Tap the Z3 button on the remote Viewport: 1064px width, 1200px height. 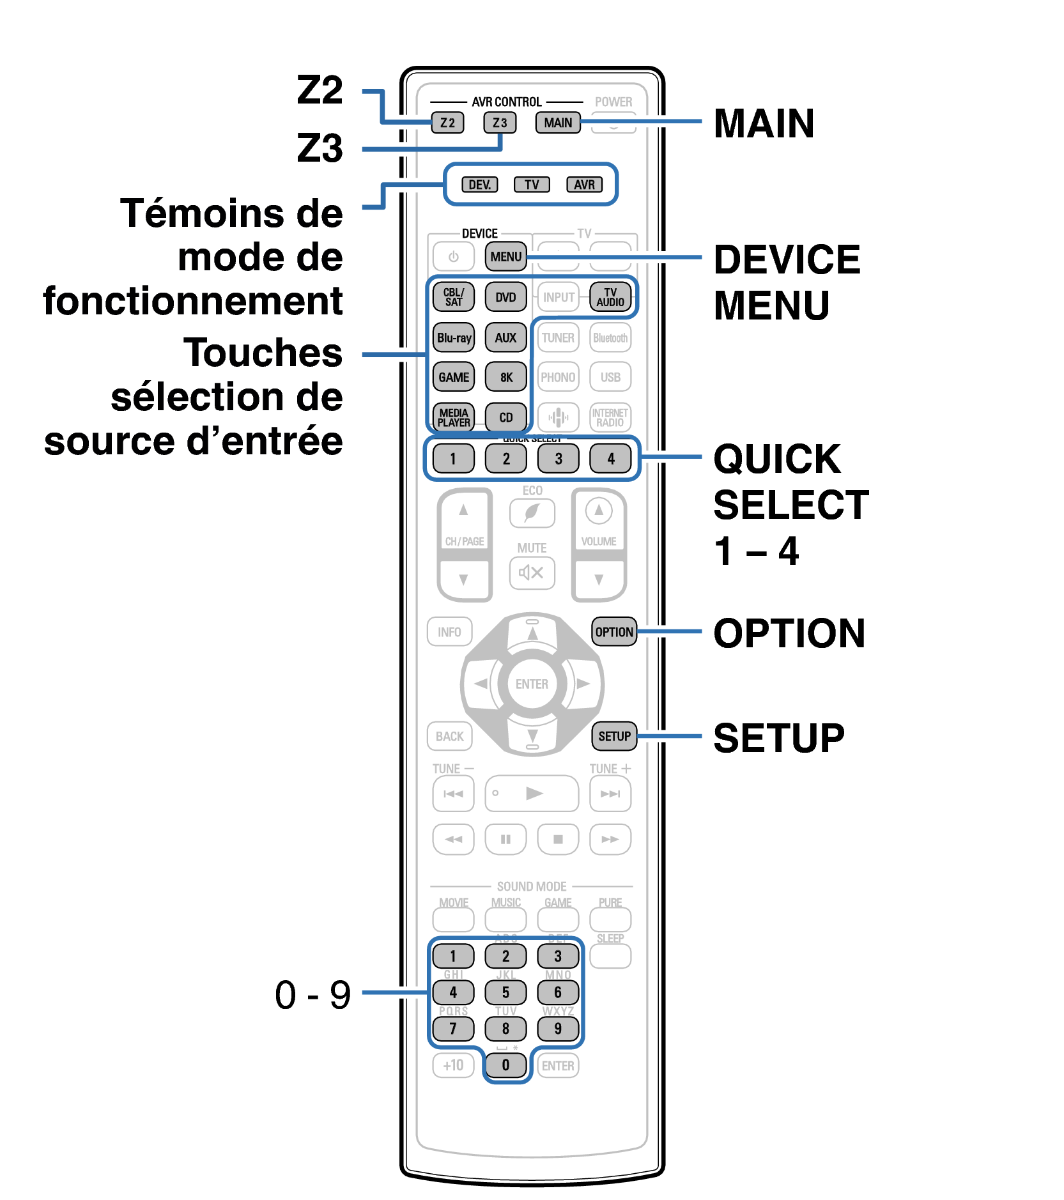click(499, 123)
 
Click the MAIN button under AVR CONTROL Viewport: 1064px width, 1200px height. click(558, 123)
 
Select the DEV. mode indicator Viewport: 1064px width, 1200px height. click(479, 185)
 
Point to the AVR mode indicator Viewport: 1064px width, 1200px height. click(584, 185)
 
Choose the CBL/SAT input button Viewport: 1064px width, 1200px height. click(454, 297)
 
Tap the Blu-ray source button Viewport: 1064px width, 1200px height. click(454, 337)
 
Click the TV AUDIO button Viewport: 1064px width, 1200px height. click(610, 297)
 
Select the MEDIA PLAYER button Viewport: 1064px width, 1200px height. click(454, 417)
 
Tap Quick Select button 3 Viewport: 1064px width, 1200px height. click(558, 458)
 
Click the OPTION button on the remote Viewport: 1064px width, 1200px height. click(614, 632)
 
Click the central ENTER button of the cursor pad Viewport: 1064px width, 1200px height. click(532, 684)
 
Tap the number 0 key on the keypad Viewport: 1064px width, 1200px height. click(505, 1065)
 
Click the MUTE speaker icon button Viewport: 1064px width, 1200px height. click(532, 573)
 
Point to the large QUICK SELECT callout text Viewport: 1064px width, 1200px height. click(790, 482)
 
